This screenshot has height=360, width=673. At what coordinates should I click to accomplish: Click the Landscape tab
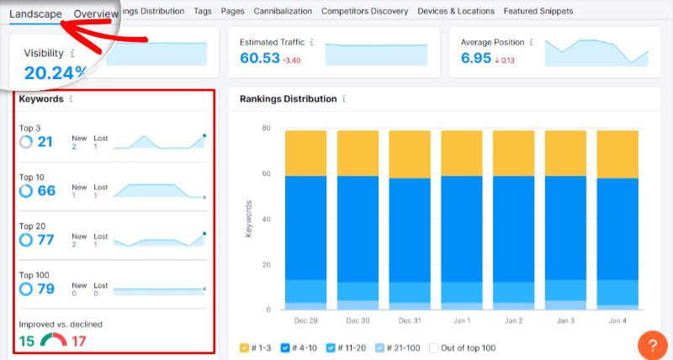(35, 14)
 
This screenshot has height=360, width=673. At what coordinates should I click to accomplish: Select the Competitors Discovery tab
(365, 12)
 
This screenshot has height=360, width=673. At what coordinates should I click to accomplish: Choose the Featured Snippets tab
(538, 12)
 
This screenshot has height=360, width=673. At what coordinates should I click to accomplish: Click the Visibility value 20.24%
(55, 72)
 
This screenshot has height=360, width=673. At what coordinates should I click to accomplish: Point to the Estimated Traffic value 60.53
(260, 58)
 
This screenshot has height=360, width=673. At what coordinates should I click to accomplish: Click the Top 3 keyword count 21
(45, 142)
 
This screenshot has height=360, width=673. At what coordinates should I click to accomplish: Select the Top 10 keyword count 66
(45, 191)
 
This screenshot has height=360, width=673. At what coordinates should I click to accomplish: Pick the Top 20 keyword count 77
(45, 240)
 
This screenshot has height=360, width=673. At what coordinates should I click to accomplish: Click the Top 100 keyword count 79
(45, 289)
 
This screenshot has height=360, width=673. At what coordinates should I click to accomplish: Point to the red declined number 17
(78, 341)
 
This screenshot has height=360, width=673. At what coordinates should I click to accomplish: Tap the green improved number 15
(27, 341)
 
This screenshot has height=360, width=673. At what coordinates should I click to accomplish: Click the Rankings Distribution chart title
(288, 98)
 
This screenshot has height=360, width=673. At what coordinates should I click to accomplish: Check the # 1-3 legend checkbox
(245, 347)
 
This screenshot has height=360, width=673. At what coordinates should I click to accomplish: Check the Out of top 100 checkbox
(434, 347)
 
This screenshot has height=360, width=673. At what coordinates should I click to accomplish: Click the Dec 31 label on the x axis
(411, 321)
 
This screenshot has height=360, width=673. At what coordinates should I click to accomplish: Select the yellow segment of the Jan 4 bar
(617, 152)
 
